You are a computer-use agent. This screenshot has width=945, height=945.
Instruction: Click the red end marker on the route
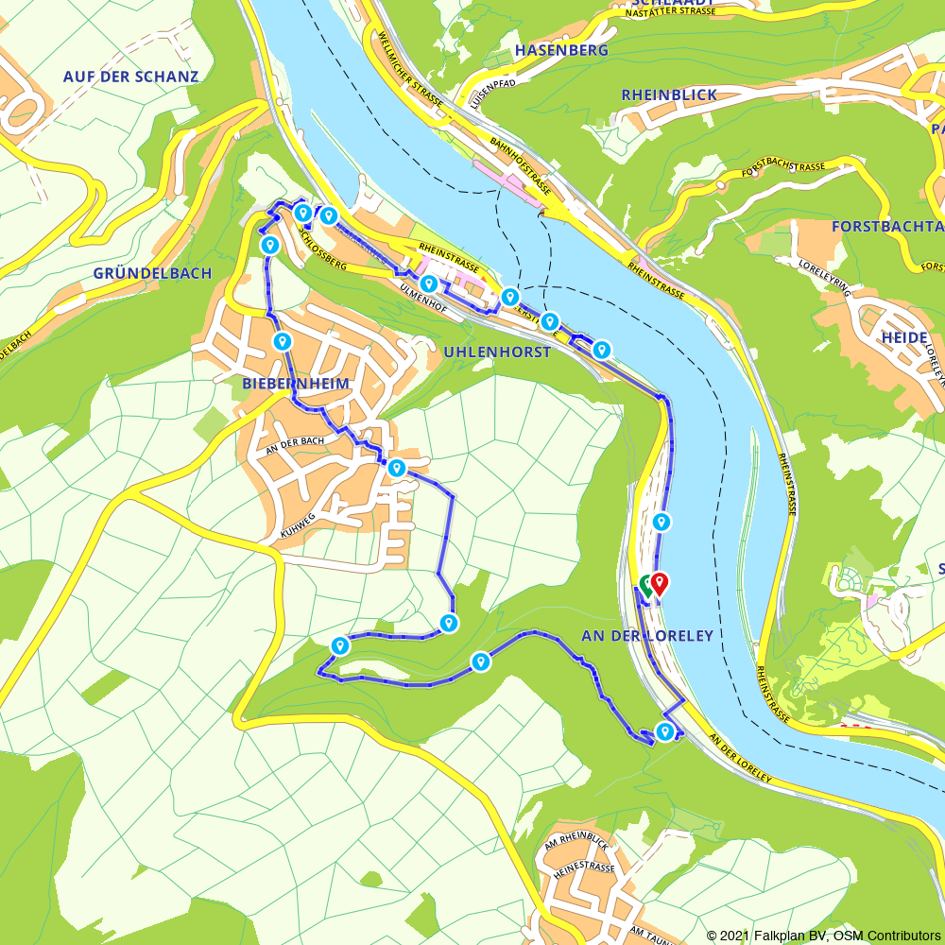click(659, 583)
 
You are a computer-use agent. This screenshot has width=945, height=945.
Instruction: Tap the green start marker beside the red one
click(646, 585)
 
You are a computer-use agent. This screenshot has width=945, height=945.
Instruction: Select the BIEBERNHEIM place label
click(296, 383)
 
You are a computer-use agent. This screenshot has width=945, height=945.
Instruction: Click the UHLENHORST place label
click(496, 352)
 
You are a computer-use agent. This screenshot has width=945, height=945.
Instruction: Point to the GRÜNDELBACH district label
click(152, 273)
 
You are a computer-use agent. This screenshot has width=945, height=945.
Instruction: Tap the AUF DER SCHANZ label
click(131, 77)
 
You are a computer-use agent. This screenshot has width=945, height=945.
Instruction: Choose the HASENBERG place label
click(562, 50)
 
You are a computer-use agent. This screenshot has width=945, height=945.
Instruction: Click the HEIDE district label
click(904, 337)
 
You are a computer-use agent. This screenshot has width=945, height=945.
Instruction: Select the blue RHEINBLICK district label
click(669, 94)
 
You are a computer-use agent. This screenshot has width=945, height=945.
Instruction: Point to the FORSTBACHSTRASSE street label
click(783, 168)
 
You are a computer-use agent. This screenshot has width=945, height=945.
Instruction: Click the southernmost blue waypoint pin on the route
click(665, 730)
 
